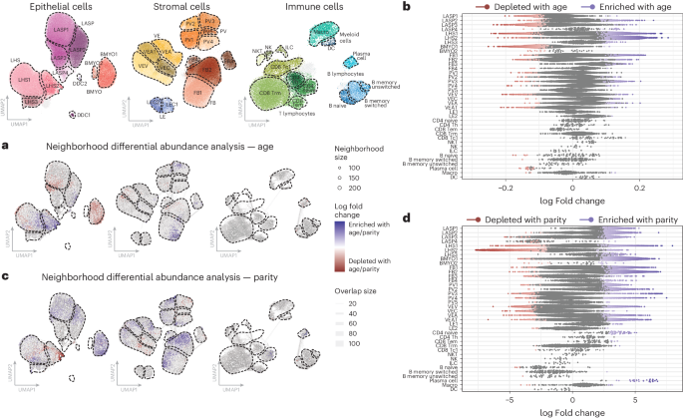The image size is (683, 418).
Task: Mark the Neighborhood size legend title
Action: (x=359, y=152)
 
